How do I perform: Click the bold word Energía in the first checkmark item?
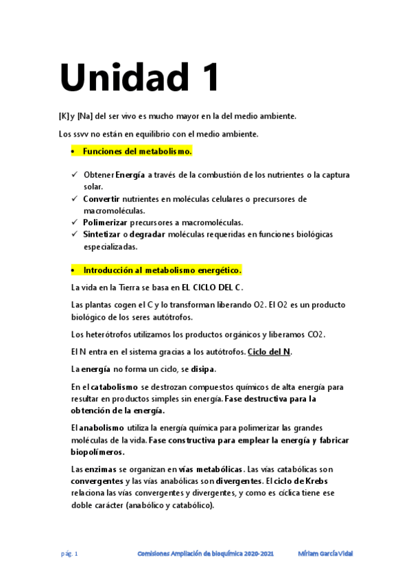130,176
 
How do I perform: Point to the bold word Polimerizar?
105,222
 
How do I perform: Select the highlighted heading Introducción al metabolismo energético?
162,270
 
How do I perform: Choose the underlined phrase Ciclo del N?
269,352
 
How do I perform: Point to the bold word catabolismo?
115,387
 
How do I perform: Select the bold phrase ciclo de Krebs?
307,481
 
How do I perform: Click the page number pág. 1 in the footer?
70,553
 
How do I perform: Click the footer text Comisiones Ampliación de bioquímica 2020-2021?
205,553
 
